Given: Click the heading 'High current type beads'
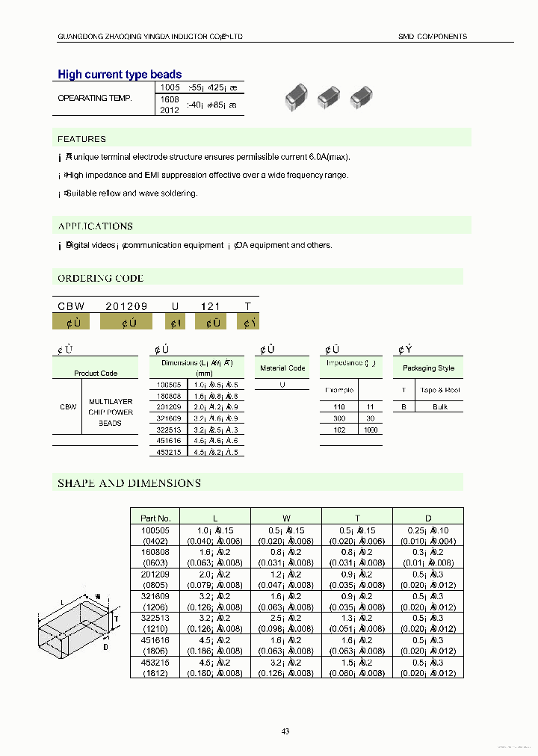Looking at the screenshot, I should pyautogui.click(x=120, y=75).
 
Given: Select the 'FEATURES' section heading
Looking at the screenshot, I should pyautogui.click(x=82, y=139).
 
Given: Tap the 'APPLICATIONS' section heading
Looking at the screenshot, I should pyautogui.click(x=96, y=226).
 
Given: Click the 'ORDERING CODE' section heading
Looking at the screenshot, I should pyautogui.click(x=101, y=278).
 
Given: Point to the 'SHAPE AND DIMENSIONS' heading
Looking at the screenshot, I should pyautogui.click(x=129, y=483).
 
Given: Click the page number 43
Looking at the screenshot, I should pyautogui.click(x=285, y=731).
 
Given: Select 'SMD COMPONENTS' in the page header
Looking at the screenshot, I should pyautogui.click(x=432, y=37).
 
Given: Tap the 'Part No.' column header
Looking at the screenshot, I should pyautogui.click(x=155, y=518).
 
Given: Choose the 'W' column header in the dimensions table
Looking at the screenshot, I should pyautogui.click(x=285, y=518).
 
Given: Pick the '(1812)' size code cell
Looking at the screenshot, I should pyautogui.click(x=155, y=673).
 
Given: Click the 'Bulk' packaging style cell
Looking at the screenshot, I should pyautogui.click(x=440, y=407).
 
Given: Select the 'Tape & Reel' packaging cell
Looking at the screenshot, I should pyautogui.click(x=440, y=390).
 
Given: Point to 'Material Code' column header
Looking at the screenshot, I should pyautogui.click(x=282, y=368).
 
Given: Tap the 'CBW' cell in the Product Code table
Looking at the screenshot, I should pyautogui.click(x=67, y=407).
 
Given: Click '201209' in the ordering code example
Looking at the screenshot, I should pyautogui.click(x=126, y=306).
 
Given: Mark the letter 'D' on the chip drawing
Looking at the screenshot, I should pyautogui.click(x=105, y=647).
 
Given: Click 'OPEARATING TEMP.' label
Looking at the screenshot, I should pyautogui.click(x=95, y=99).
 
